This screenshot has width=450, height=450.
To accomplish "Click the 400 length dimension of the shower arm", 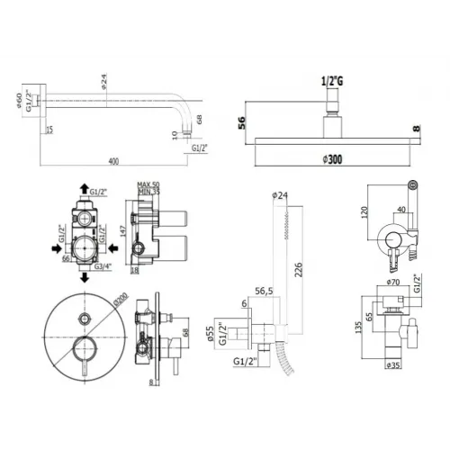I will (x=112, y=162).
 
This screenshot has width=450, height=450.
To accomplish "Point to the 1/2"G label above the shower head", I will (x=332, y=81).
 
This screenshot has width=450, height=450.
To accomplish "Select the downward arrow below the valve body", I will (x=83, y=280).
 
